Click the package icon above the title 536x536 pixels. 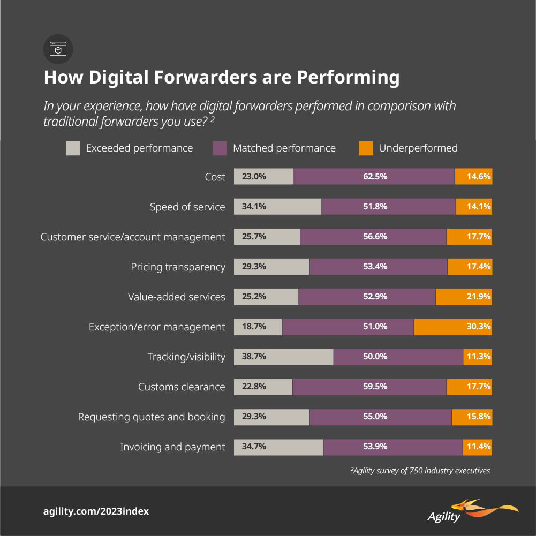click(58, 50)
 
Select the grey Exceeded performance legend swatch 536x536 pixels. click(73, 148)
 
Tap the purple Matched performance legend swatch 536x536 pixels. click(220, 148)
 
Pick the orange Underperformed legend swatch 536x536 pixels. click(366, 148)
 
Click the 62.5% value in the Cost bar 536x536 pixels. click(374, 177)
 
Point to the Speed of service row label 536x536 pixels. click(187, 207)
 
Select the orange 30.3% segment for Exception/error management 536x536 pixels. click(453, 327)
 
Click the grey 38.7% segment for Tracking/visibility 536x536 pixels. click(284, 357)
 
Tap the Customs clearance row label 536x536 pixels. click(182, 387)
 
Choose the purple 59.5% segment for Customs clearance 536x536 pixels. click(369, 387)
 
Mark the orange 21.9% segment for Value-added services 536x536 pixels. click(464, 297)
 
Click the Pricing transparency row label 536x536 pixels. click(178, 267)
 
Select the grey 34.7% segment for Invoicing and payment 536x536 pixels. click(278, 447)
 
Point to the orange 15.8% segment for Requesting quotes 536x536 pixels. click(472, 417)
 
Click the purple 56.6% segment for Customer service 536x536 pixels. click(373, 237)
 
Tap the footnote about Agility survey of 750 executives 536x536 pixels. click(420, 471)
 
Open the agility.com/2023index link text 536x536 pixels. click(96, 511)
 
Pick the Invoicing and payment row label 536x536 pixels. click(172, 447)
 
